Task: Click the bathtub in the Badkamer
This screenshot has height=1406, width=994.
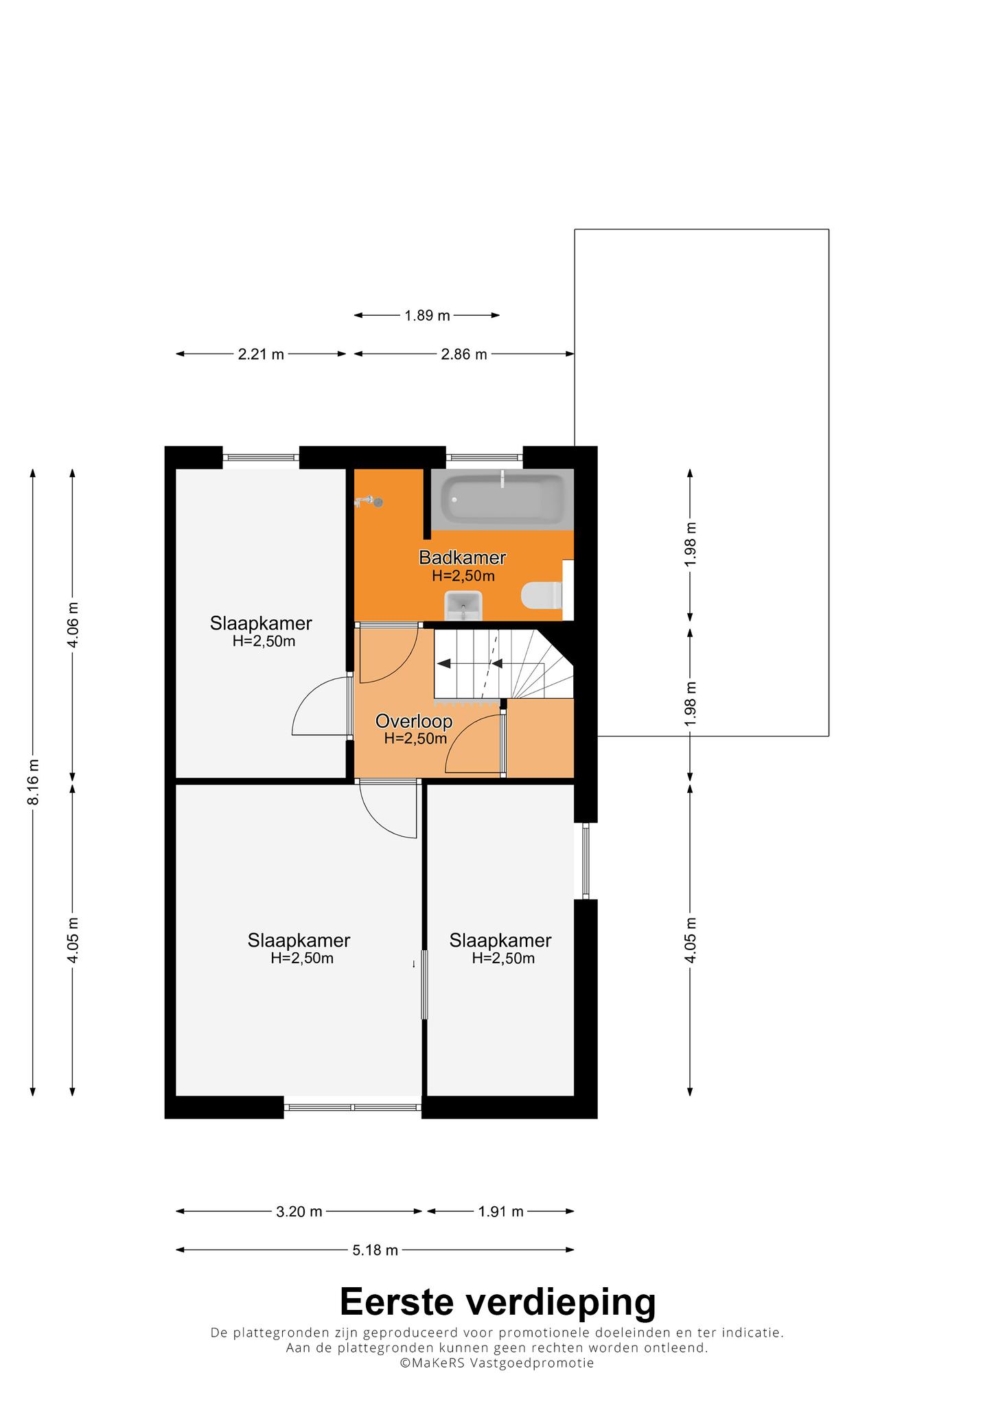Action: click(x=502, y=499)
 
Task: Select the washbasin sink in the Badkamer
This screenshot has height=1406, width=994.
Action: click(x=464, y=606)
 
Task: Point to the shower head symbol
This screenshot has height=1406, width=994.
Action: click(x=369, y=502)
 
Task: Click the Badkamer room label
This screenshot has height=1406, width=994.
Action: click(x=463, y=557)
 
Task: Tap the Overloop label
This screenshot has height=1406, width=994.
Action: click(x=414, y=721)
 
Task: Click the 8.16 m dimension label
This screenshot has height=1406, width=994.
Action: click(x=33, y=783)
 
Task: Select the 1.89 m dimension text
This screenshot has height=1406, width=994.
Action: click(x=427, y=316)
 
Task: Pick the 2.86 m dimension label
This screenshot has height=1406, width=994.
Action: click(x=464, y=354)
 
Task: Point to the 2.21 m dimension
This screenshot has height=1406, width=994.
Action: click(x=261, y=354)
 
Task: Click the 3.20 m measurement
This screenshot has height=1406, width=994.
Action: click(x=299, y=1212)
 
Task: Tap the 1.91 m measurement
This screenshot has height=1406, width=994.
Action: click(x=501, y=1212)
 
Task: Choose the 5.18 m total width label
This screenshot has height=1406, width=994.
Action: click(x=375, y=1250)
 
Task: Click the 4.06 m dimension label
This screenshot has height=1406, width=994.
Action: click(x=73, y=624)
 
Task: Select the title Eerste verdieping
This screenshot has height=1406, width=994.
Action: click(x=498, y=1302)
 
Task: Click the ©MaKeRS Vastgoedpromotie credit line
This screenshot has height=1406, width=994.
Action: click(x=497, y=1363)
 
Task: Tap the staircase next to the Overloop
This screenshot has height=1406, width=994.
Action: click(x=503, y=664)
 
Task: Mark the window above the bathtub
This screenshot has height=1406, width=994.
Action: click(x=484, y=457)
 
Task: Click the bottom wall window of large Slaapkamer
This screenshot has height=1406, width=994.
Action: click(x=353, y=1107)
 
